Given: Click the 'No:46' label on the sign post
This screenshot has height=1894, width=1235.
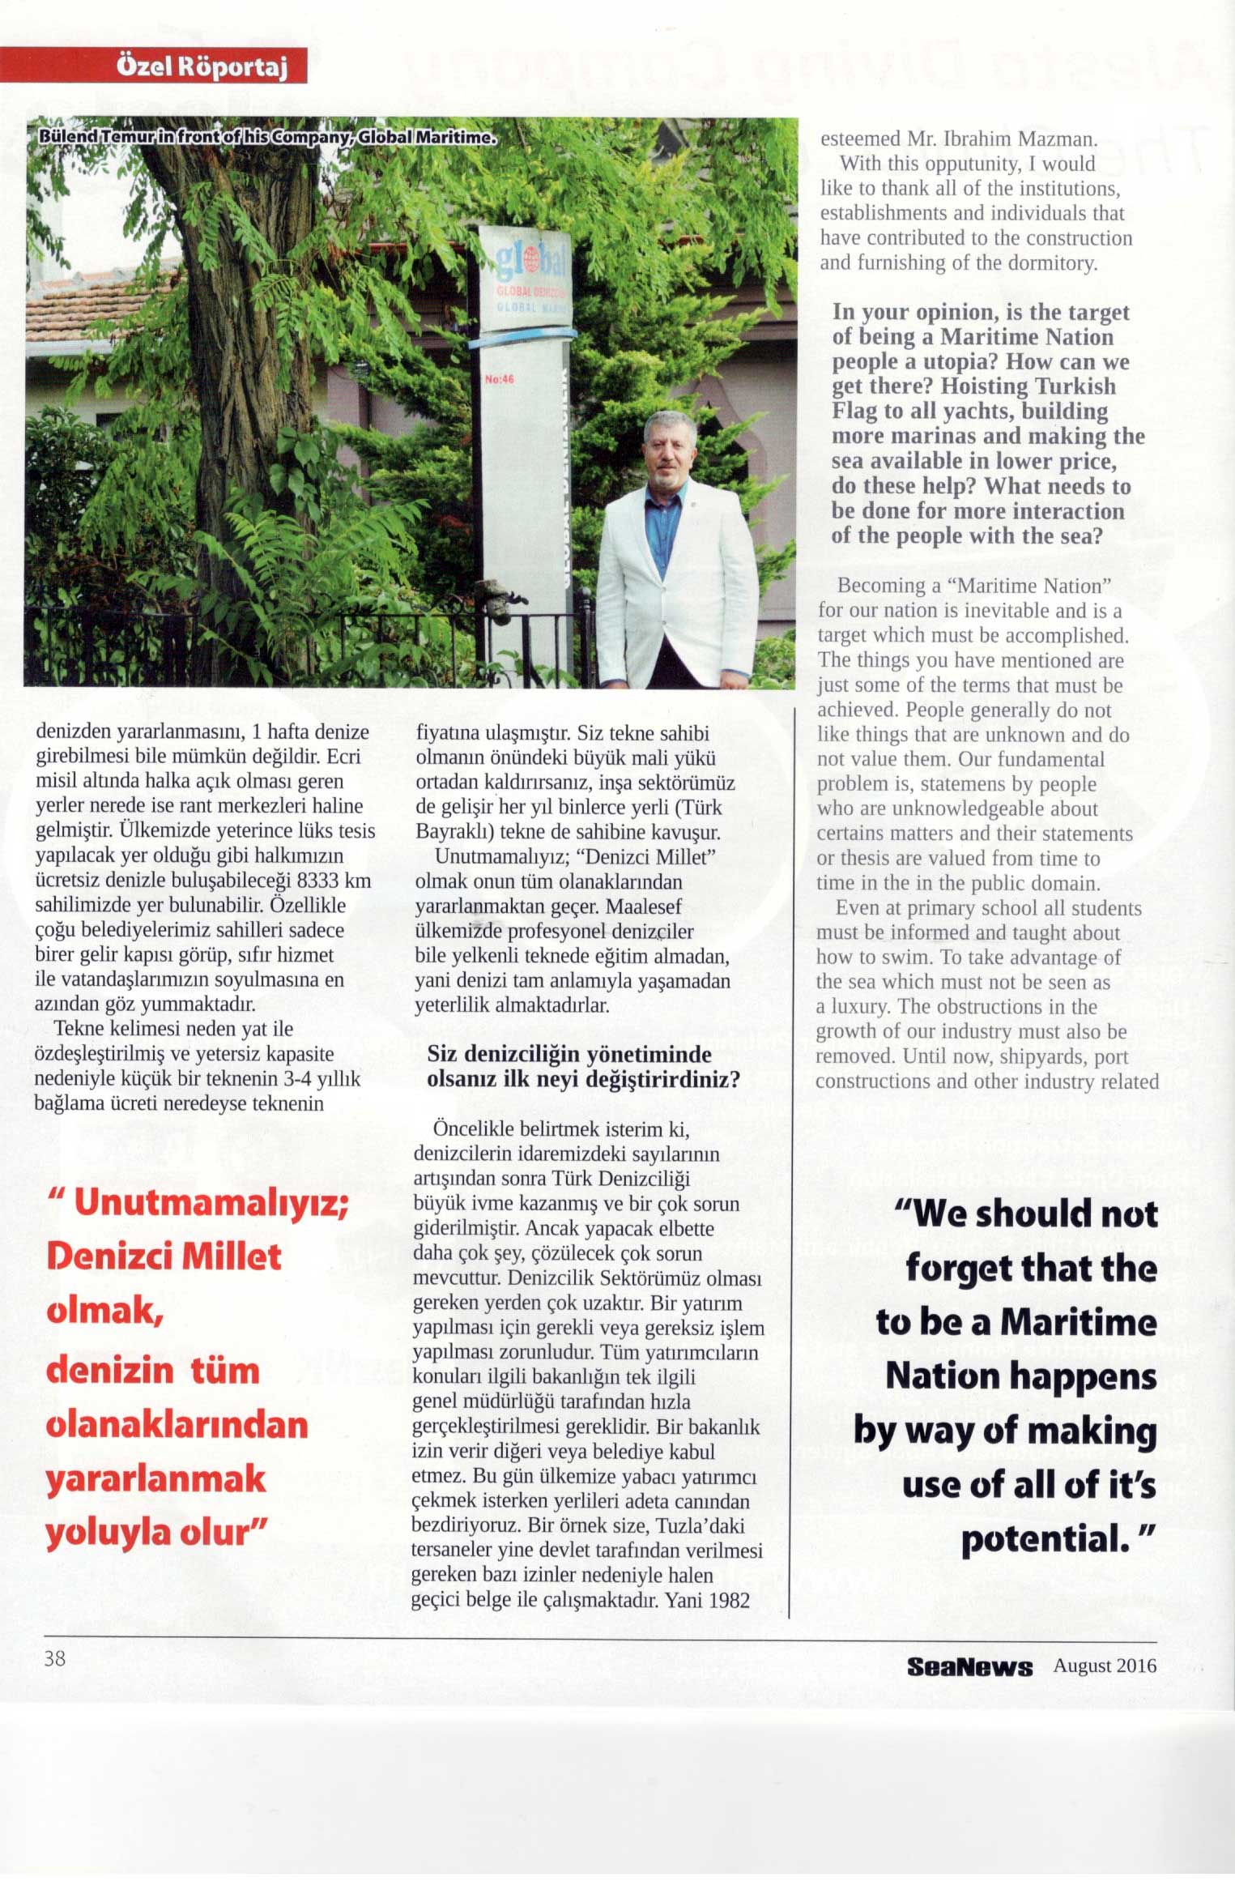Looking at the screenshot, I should click(x=499, y=379).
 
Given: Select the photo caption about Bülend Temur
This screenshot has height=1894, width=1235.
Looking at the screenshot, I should click(x=266, y=138).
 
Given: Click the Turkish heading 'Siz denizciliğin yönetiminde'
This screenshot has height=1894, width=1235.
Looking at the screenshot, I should click(x=569, y=1054).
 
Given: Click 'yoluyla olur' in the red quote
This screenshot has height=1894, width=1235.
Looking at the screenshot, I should click(x=156, y=1533).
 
